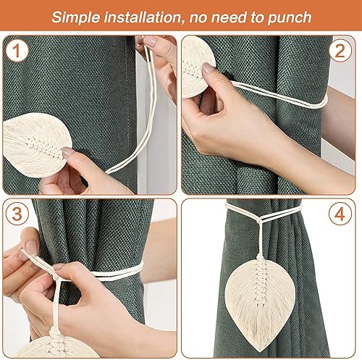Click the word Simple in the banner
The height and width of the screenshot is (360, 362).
tap(75, 17)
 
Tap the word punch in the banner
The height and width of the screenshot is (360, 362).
tap(290, 18)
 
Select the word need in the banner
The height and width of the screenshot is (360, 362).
tap(229, 17)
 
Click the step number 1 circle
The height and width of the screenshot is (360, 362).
tap(17, 51)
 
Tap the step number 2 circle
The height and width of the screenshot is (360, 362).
tap(340, 51)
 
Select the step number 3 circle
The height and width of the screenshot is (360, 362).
tap(17, 214)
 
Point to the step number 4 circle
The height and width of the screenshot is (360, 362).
tap(340, 214)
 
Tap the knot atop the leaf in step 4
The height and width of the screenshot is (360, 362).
tap(261, 256)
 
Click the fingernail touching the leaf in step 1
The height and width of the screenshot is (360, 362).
tap(67, 152)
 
